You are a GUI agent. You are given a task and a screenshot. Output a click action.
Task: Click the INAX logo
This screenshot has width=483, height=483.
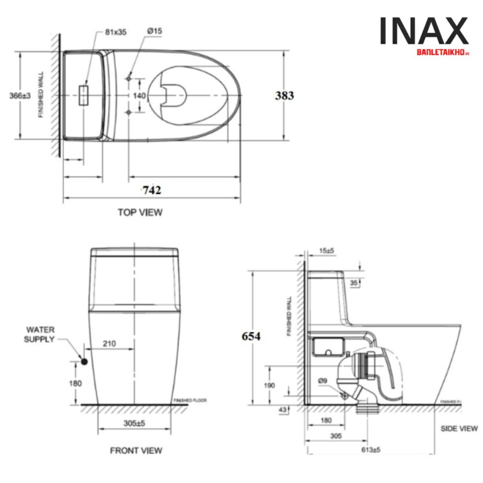[x=424, y=32]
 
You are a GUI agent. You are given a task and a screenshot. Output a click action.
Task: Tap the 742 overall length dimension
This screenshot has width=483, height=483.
[x=152, y=190]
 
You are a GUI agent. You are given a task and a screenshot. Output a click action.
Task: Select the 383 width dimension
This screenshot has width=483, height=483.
[x=284, y=96]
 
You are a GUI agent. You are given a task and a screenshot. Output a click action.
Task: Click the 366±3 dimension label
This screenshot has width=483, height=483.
[x=20, y=96]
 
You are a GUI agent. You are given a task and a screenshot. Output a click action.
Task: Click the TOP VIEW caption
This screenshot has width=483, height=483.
[x=140, y=212]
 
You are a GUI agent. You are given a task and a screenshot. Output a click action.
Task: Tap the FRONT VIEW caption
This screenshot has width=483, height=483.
[x=136, y=450]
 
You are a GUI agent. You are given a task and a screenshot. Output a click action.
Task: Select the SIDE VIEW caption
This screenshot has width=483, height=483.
[x=459, y=428]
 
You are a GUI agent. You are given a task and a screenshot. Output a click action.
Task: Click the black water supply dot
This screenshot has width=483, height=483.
[x=84, y=361]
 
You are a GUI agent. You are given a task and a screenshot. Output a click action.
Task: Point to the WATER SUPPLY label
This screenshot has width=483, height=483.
[x=40, y=334]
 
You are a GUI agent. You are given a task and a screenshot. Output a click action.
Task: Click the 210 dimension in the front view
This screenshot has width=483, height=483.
[x=109, y=344]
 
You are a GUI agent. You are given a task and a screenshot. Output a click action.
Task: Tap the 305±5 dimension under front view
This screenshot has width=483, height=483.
[x=135, y=424]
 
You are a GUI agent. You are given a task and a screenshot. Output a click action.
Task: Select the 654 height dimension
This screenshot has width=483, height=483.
[x=251, y=336]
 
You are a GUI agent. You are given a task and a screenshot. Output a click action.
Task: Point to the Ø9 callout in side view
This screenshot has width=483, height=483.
[x=323, y=381]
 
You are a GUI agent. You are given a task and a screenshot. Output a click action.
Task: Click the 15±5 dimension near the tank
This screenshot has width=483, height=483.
[x=325, y=250]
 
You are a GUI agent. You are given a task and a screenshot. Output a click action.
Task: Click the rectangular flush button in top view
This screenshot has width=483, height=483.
[x=84, y=95]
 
